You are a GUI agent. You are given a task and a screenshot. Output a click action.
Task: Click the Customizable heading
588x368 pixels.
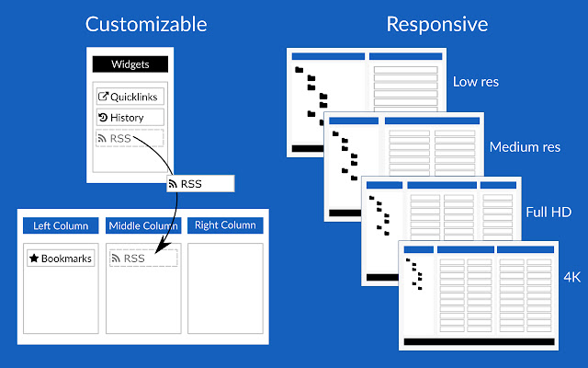[146, 25]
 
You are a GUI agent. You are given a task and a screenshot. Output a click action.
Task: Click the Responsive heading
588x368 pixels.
[437, 25]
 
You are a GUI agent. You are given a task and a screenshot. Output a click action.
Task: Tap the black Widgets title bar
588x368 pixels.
[130, 64]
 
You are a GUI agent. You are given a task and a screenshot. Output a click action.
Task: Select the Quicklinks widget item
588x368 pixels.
[130, 97]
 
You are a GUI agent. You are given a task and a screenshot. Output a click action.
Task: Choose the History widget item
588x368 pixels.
[130, 118]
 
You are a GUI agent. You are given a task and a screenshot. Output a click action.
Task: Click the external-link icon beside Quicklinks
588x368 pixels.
[103, 97]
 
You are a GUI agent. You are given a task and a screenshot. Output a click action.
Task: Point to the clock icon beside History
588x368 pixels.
[103, 118]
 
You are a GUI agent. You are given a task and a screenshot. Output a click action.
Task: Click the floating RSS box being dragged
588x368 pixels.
[200, 184]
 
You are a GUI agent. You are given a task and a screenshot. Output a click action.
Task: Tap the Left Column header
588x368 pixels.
[61, 225]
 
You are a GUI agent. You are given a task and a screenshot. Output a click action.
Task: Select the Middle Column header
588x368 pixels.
[143, 225]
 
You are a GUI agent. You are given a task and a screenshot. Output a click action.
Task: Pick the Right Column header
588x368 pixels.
[225, 225]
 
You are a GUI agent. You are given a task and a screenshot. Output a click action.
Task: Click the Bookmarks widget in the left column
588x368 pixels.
[61, 259]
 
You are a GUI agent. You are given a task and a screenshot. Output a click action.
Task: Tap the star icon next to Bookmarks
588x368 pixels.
[34, 258]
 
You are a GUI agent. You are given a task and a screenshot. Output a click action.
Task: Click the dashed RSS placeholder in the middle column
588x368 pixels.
[143, 259]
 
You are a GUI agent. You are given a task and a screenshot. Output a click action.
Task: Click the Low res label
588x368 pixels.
[476, 82]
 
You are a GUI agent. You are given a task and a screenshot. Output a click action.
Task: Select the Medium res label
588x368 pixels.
[525, 147]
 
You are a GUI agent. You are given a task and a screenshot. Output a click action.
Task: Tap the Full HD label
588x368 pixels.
[548, 213]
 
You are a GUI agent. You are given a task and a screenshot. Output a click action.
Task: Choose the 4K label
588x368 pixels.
[571, 277]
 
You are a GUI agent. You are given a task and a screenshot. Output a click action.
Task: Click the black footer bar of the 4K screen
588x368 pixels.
[479, 341]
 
